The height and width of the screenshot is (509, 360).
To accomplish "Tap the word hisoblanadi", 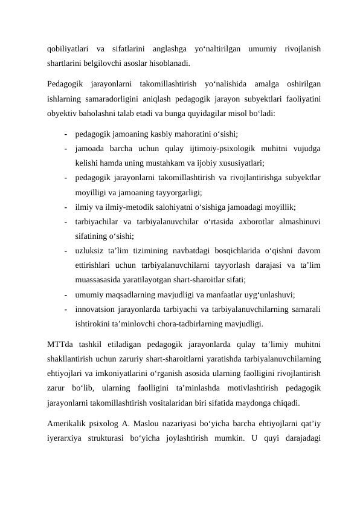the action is coord(172,62).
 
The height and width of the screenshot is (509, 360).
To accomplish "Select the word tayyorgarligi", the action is coord(178,192).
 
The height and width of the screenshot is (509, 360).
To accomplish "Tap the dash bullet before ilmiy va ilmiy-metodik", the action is coord(64,207).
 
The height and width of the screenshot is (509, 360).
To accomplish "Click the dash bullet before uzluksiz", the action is coord(64,251).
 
